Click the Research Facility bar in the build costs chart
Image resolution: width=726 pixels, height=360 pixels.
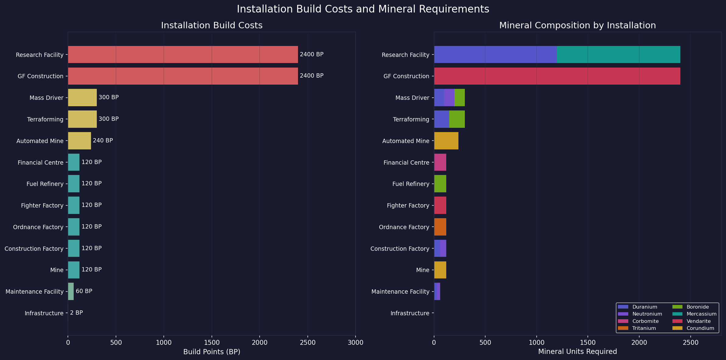(x=183, y=54)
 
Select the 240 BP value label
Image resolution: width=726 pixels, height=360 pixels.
(x=103, y=141)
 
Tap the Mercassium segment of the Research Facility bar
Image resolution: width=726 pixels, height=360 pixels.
(x=618, y=54)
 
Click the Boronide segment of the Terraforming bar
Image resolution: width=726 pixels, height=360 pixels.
(x=457, y=119)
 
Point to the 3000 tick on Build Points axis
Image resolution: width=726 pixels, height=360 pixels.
(x=355, y=343)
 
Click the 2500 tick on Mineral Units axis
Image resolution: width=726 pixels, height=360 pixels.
(x=690, y=343)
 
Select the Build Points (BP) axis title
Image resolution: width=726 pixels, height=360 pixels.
(x=212, y=352)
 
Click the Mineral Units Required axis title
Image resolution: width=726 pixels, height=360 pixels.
(x=577, y=352)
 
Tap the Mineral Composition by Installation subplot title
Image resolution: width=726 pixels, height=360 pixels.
(x=577, y=25)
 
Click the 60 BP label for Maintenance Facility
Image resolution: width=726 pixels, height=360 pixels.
(x=84, y=291)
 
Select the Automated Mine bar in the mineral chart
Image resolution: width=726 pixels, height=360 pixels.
(x=446, y=141)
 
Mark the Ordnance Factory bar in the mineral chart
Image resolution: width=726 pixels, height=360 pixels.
(x=440, y=227)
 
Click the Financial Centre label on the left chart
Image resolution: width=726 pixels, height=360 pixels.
(x=40, y=163)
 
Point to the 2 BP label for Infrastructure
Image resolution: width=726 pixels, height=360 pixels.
(x=76, y=313)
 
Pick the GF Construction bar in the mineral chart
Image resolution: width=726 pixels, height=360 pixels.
(x=557, y=76)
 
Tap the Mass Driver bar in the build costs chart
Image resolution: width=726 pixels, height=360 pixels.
(x=82, y=98)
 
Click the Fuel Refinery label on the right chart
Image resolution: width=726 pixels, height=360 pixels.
(x=411, y=184)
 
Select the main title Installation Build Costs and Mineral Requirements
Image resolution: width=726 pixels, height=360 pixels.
(x=363, y=9)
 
